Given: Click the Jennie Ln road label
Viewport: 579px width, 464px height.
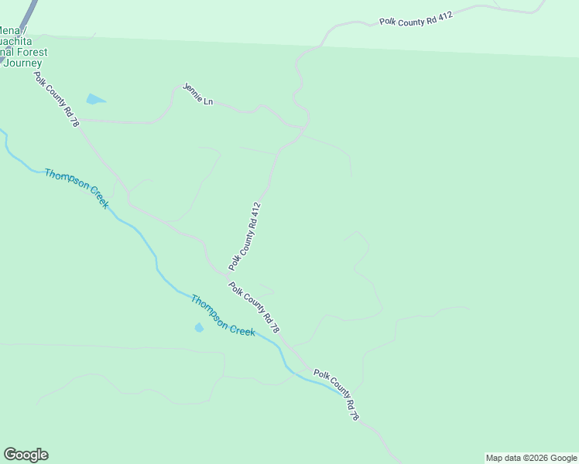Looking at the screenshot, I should pyautogui.click(x=197, y=94).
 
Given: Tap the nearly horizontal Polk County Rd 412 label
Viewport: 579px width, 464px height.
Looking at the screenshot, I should pyautogui.click(x=415, y=19).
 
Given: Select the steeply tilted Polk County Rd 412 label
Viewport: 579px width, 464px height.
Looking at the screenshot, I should pyautogui.click(x=245, y=236).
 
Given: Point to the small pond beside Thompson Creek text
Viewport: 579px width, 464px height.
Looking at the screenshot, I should pyautogui.click(x=199, y=327).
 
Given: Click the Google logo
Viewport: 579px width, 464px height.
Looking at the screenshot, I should pyautogui.click(x=26, y=455).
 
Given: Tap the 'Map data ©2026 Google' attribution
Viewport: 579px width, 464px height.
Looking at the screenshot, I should pyautogui.click(x=531, y=458).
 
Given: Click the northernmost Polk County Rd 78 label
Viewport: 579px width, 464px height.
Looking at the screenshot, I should pyautogui.click(x=57, y=100).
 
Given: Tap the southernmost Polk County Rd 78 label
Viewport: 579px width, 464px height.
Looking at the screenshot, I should pyautogui.click(x=337, y=394).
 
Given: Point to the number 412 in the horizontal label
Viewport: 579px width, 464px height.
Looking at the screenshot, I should pyautogui.click(x=444, y=15).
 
